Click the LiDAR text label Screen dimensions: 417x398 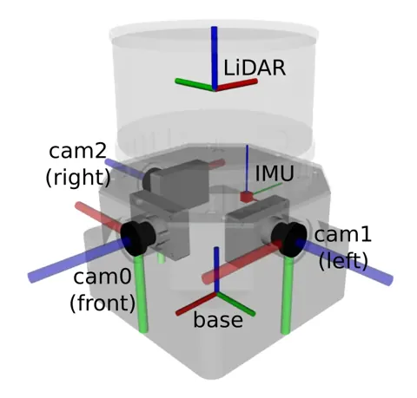click(255, 68)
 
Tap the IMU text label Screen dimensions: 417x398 click(275, 173)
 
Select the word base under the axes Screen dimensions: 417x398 click(218, 320)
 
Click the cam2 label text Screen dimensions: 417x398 click(77, 151)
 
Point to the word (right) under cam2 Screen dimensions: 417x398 click(78, 177)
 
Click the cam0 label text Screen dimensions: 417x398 click(103, 277)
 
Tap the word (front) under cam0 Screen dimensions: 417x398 click(103, 303)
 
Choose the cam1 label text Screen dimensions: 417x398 click(342, 234)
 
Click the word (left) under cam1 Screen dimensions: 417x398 click(343, 260)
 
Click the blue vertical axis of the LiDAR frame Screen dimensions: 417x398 click(214, 58)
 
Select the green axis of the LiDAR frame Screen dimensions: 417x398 click(195, 84)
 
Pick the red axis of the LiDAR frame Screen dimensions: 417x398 click(236, 85)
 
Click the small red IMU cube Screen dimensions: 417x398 click(247, 197)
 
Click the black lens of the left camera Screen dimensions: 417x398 click(289, 239)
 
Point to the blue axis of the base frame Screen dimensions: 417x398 click(216, 271)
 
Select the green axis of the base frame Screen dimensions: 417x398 click(235, 303)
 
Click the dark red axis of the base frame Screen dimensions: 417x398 click(196, 304)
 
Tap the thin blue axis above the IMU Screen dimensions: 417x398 click(247, 168)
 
